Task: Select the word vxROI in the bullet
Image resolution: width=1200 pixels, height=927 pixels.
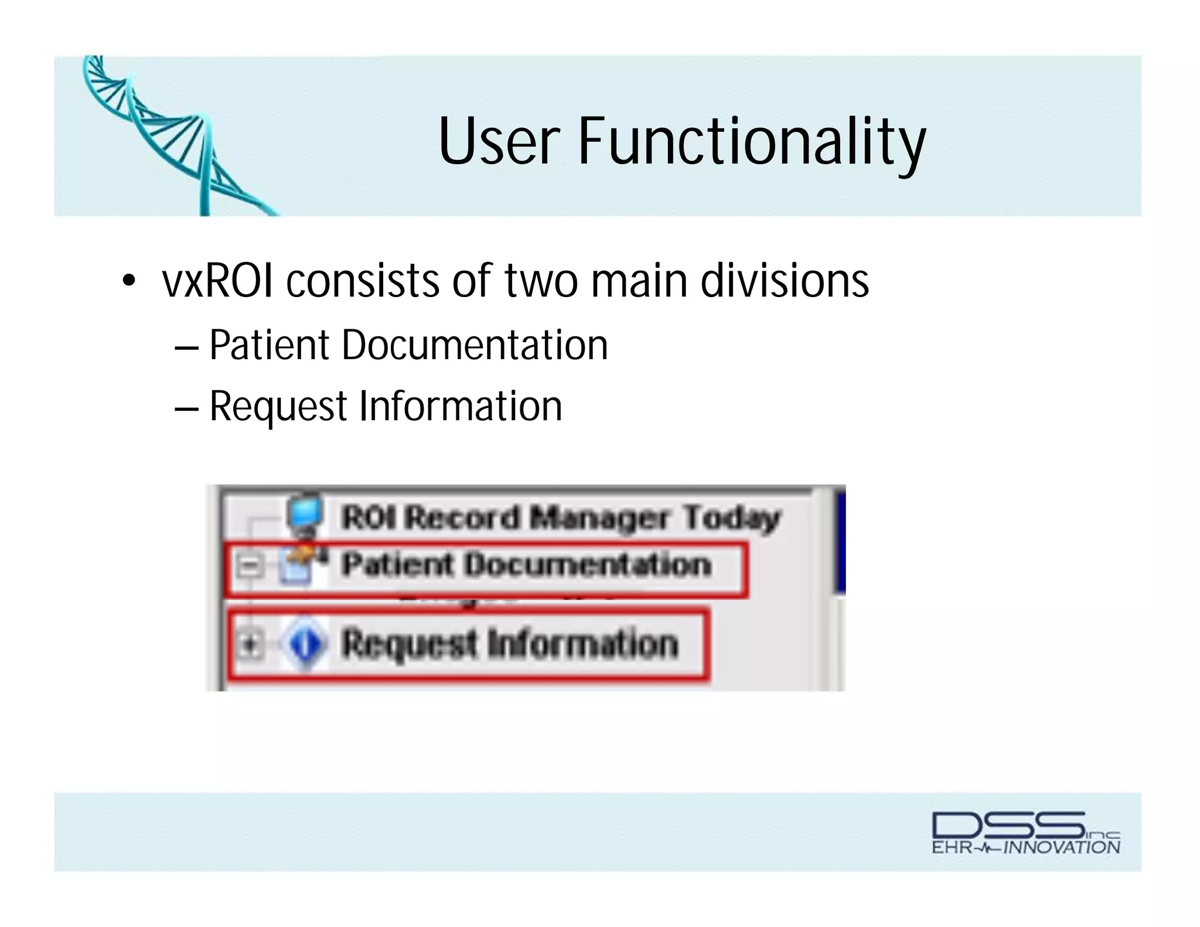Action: (217, 281)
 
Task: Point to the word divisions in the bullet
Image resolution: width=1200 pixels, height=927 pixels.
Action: (785, 281)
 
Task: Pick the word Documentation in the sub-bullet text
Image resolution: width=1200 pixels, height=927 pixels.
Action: (475, 346)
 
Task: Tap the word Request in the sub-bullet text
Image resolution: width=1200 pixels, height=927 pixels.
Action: (278, 407)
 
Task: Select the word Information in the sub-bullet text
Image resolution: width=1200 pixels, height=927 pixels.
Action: (461, 407)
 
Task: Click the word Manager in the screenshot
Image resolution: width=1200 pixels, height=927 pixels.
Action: (598, 518)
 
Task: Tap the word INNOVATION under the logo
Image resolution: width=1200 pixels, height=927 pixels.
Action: (1062, 847)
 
